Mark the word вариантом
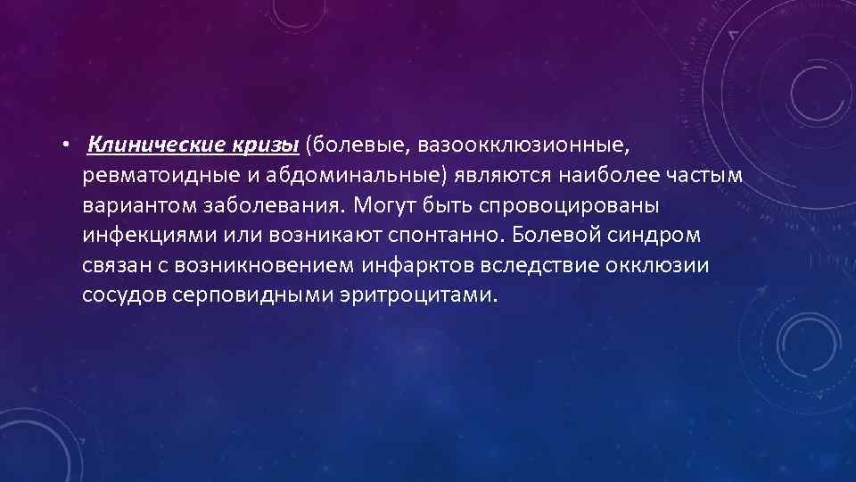point(142,204)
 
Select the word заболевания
point(275,204)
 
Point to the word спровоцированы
point(568,204)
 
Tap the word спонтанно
point(454,235)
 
